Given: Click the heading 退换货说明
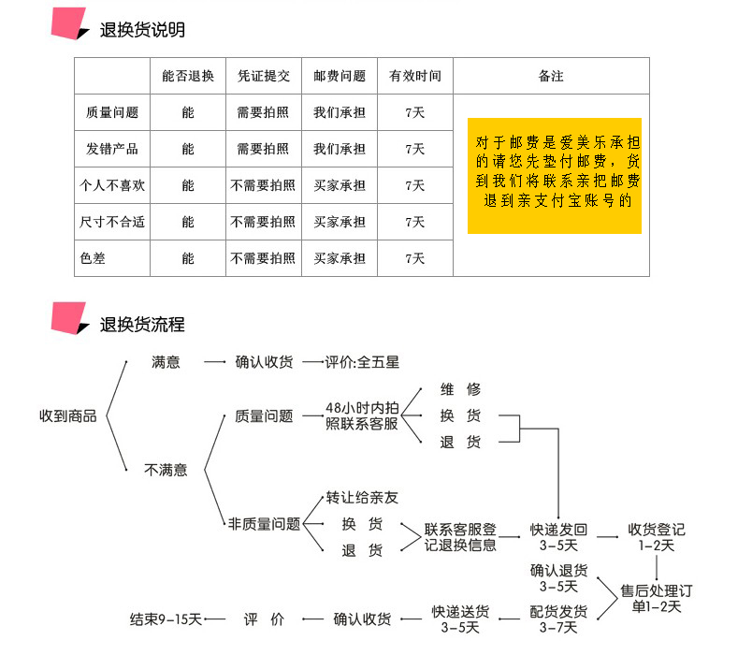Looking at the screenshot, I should (142, 30).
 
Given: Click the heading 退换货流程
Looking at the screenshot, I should (142, 325).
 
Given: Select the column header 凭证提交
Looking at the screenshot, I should (263, 76).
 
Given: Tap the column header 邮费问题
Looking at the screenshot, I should (340, 76).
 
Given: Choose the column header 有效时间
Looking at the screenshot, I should (415, 76).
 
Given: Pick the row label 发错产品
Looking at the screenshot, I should (111, 149).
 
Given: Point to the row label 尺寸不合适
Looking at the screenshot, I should (111, 222).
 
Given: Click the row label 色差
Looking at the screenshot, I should (93, 258).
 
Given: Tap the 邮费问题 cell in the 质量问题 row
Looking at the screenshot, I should (340, 112).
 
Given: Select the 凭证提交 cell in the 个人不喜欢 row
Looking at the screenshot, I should (263, 185).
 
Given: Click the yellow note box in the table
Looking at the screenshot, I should (554, 175).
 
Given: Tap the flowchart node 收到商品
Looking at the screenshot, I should (67, 415).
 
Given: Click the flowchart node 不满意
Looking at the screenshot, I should (165, 470).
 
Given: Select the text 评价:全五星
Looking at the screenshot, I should (362, 362).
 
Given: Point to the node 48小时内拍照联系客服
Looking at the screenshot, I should (362, 415).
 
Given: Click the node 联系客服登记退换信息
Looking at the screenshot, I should (460, 536).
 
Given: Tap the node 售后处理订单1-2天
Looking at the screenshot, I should (657, 598).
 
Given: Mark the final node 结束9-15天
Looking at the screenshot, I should (166, 619).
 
